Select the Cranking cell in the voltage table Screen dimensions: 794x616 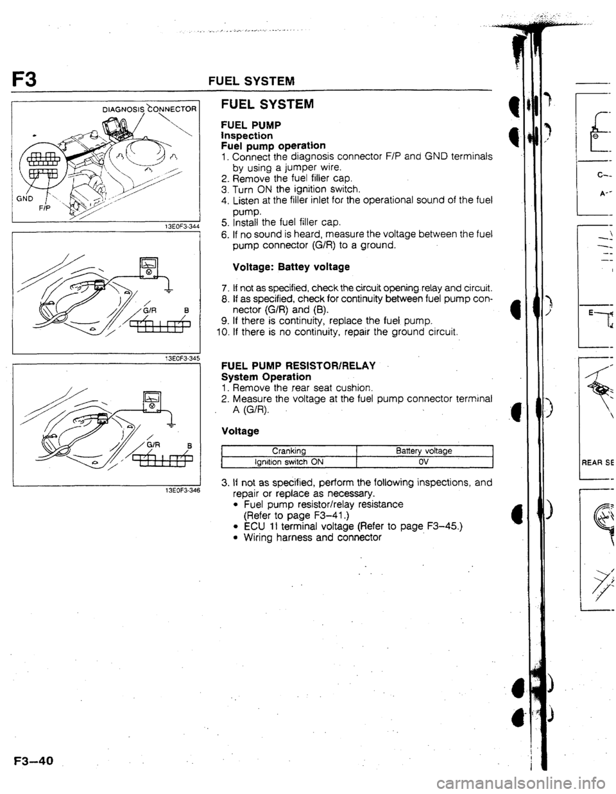point(288,451)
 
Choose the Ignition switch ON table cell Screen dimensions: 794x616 point(288,460)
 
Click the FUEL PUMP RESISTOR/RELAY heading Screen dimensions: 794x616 point(298,366)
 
